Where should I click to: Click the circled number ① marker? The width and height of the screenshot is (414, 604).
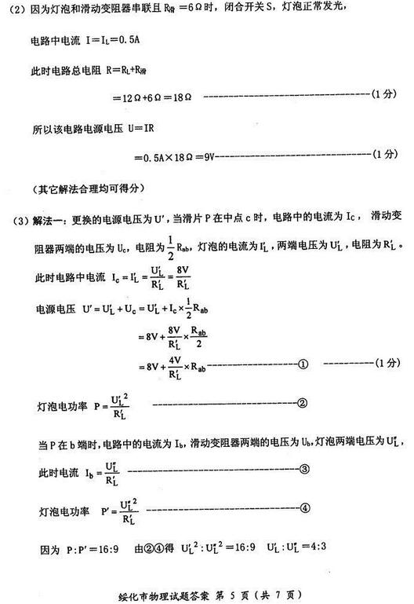point(304,364)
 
